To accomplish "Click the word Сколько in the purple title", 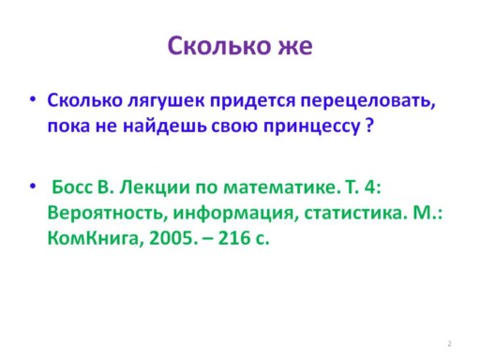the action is pyautogui.click(x=219, y=46).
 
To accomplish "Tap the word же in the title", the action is pyautogui.click(x=295, y=47).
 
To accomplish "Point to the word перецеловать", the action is pyautogui.click(x=367, y=101).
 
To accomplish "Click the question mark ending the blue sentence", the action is pyautogui.click(x=369, y=126).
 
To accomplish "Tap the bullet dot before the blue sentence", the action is pyautogui.click(x=33, y=99).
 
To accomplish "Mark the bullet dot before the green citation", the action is pyautogui.click(x=33, y=187).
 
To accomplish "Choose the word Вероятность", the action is pyautogui.click(x=106, y=214).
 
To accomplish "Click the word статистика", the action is pyautogui.click(x=353, y=214).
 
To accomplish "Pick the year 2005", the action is pyautogui.click(x=173, y=238).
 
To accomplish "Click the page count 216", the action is pyautogui.click(x=234, y=238).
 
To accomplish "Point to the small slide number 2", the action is pyautogui.click(x=449, y=344).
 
